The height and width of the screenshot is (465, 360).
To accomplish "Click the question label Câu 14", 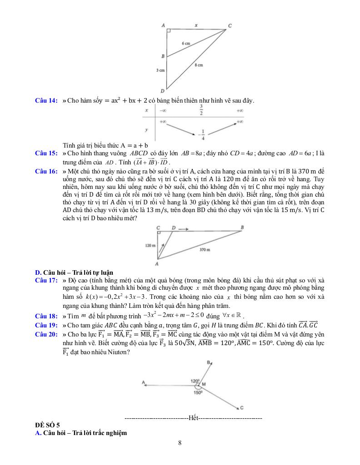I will tap(46, 100).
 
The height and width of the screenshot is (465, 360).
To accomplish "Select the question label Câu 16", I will tap(46, 171).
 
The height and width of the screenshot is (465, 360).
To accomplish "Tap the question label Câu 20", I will tap(46, 333).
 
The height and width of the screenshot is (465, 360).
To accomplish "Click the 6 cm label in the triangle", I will tap(186, 43).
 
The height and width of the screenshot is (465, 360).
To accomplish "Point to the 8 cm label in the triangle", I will tap(199, 65).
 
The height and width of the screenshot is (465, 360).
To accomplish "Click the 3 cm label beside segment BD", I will tap(160, 70).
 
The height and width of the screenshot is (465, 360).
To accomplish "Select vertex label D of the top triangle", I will tap(162, 91).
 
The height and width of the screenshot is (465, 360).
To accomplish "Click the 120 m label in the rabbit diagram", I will tap(150, 245).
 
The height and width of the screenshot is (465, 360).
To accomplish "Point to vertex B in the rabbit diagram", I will tap(242, 227).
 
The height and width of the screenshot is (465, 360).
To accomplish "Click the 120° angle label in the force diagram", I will tap(195, 381).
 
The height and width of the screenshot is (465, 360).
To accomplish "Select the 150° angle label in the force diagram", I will tap(198, 393).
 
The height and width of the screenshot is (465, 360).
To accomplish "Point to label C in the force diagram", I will tap(242, 408).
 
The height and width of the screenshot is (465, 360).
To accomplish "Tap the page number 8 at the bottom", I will tap(180, 443).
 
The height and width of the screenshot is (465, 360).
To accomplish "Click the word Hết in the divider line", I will tap(193, 417).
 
